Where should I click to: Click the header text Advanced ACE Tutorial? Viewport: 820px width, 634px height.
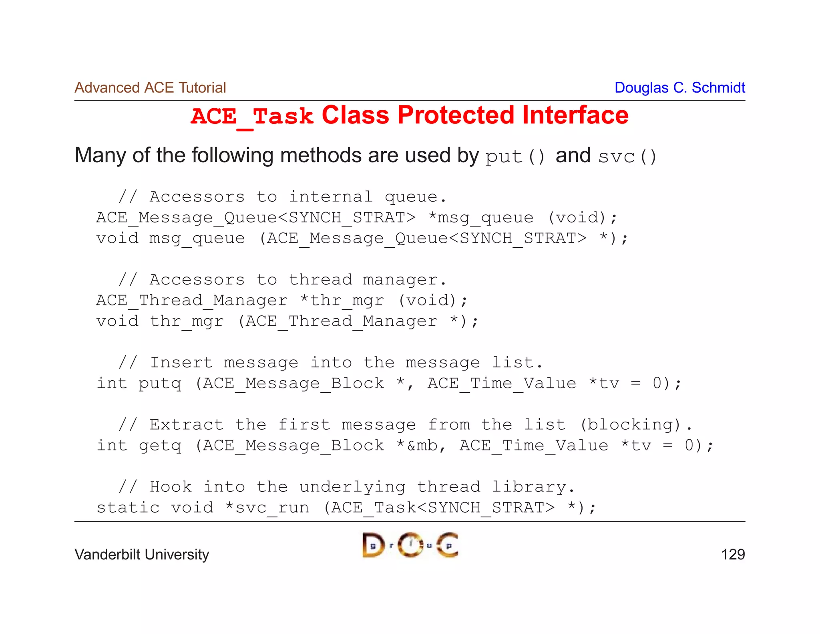tap(150, 88)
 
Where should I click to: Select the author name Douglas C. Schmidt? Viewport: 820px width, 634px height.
tap(679, 88)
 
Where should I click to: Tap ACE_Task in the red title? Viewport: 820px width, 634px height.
tap(251, 117)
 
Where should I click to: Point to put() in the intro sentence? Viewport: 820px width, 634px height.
tap(515, 156)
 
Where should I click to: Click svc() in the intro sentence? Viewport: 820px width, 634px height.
tap(627, 156)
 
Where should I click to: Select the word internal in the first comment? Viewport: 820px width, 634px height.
tap(331, 197)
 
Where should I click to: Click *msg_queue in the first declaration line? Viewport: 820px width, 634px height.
tap(480, 218)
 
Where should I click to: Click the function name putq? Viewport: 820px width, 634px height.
tap(160, 384)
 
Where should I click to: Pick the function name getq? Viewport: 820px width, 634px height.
tap(160, 446)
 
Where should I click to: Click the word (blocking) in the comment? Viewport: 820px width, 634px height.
tap(630, 425)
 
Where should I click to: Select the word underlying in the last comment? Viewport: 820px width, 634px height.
tap(352, 487)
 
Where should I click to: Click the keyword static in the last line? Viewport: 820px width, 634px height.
tap(128, 508)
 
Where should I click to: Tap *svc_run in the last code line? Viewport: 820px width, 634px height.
tap(267, 508)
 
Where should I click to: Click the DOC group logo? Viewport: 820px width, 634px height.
tap(410, 545)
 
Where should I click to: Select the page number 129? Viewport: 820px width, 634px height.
tap(733, 555)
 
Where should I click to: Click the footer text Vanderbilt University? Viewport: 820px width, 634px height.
tap(142, 555)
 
